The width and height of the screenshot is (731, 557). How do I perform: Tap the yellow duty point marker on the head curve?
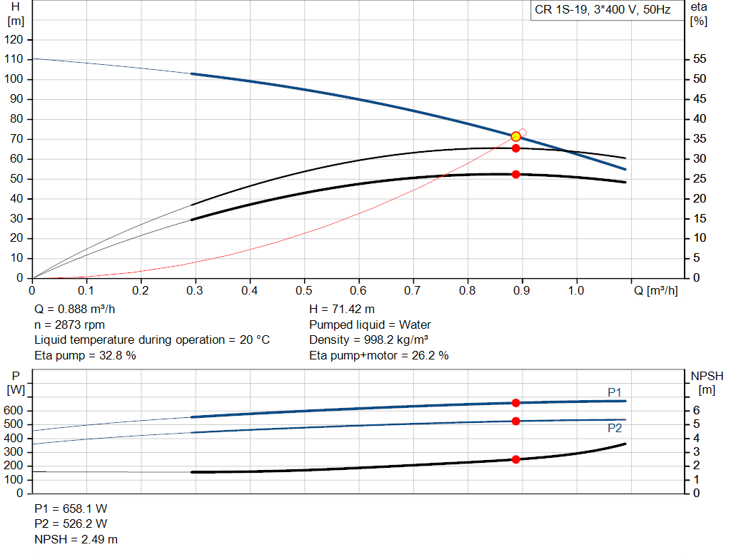(516, 136)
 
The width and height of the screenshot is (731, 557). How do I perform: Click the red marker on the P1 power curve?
(516, 403)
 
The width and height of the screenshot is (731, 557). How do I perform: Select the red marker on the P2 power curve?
(516, 421)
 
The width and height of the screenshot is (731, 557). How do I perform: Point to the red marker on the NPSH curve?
(516, 459)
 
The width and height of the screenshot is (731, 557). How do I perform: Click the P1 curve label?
(615, 392)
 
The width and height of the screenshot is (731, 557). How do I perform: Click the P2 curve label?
(615, 428)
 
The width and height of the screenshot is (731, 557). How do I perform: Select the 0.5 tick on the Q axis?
(304, 291)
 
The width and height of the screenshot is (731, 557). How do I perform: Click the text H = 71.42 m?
(342, 310)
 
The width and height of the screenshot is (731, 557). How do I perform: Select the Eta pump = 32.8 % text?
(85, 355)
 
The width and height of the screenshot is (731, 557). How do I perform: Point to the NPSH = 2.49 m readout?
(76, 539)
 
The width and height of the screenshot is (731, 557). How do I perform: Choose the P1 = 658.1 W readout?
(71, 509)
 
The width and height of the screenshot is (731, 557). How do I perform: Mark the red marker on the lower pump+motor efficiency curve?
(516, 174)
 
